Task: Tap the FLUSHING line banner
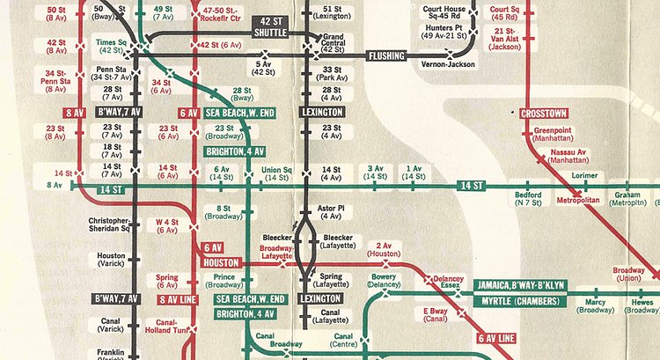coord(385,55)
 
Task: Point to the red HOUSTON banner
coord(220,263)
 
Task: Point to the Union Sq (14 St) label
coord(276,173)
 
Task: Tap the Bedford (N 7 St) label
coord(528,199)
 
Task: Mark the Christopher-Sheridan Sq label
coord(109,224)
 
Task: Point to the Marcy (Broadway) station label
coord(596,305)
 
